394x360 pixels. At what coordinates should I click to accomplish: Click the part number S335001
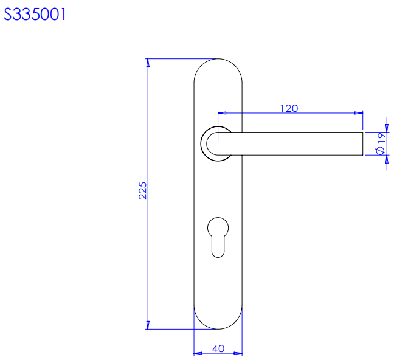click(x=35, y=14)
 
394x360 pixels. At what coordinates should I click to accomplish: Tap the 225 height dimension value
click(x=142, y=191)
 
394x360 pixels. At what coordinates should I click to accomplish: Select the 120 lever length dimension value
click(x=289, y=108)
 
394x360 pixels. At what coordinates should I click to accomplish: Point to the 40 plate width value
click(x=218, y=348)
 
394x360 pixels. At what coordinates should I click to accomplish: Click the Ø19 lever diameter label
click(x=381, y=144)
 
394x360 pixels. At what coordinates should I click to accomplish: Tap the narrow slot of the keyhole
click(x=218, y=247)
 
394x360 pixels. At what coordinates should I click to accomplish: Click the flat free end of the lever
click(x=362, y=144)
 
